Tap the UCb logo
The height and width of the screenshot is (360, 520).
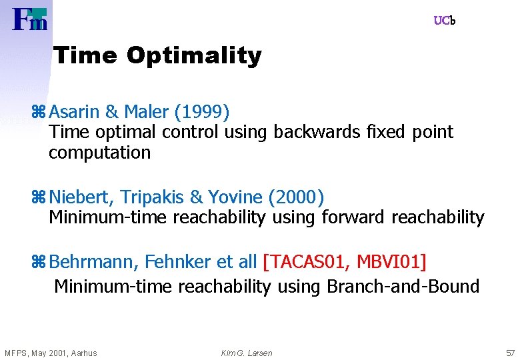click(x=444, y=21)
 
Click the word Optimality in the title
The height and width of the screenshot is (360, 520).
click(x=194, y=55)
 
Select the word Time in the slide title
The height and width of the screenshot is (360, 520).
click(x=85, y=55)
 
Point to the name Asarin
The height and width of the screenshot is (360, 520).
click(x=74, y=110)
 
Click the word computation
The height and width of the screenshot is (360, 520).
click(x=99, y=153)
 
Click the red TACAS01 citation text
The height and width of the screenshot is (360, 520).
click(x=307, y=262)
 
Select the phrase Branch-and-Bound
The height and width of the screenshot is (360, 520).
click(x=403, y=287)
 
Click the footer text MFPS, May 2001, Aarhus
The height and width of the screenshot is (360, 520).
click(x=51, y=353)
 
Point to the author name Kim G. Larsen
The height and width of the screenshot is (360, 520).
click(x=247, y=353)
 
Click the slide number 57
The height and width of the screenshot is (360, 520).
click(x=510, y=353)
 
